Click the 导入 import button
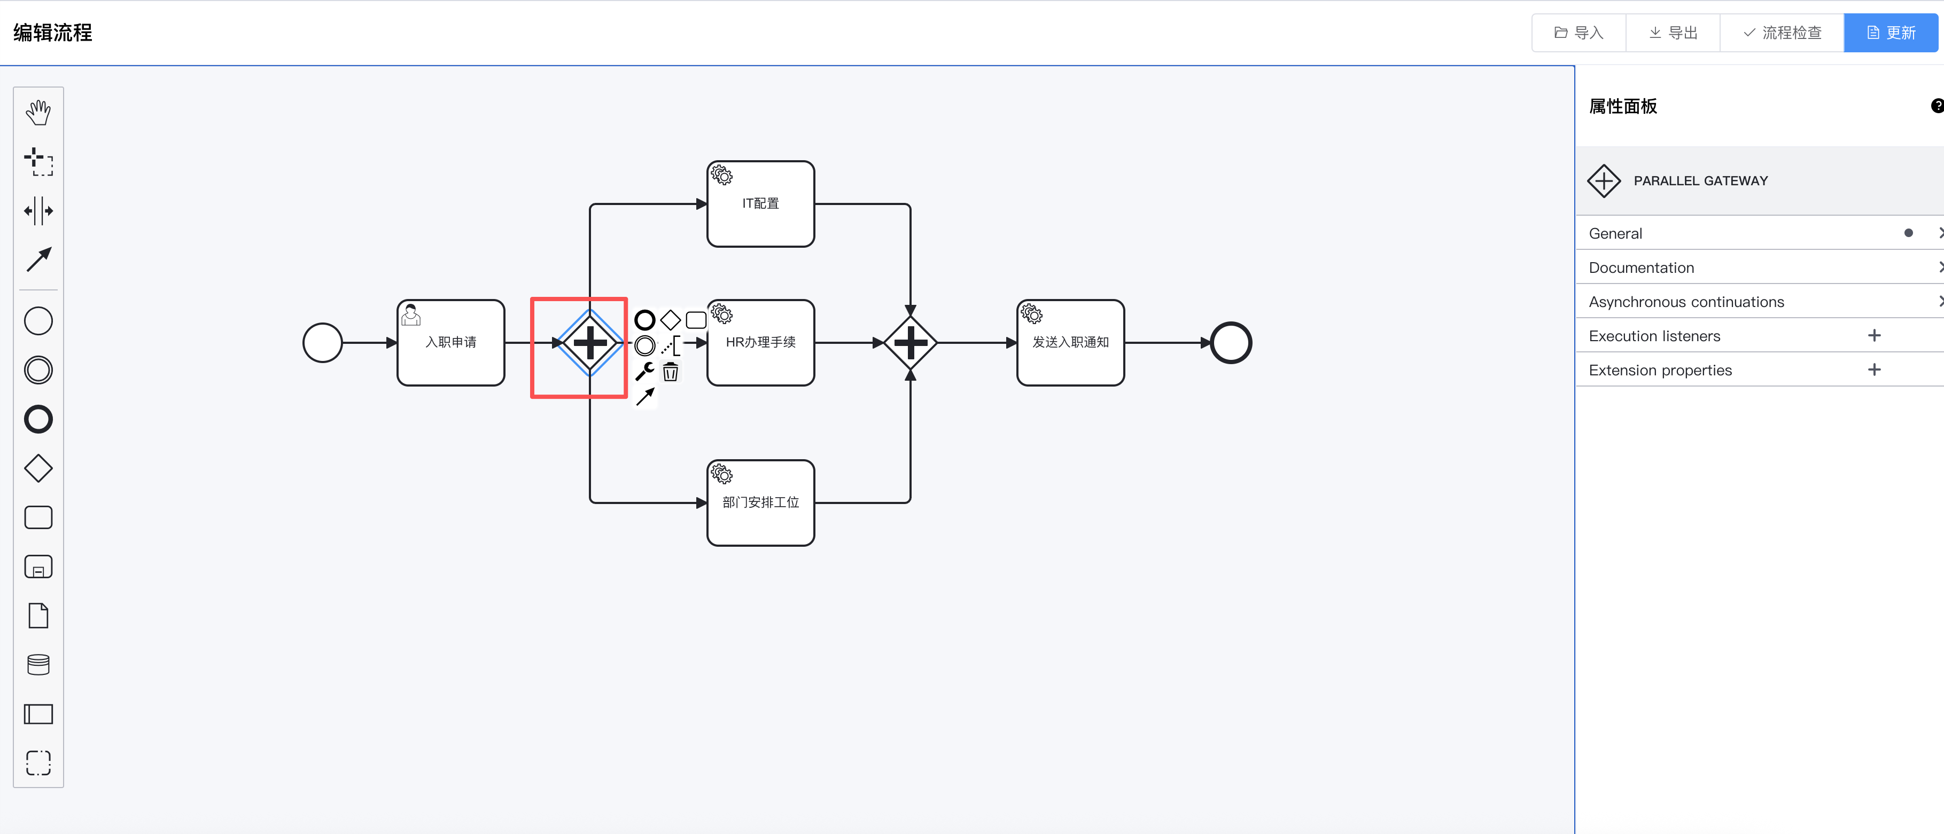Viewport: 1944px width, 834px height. click(x=1578, y=33)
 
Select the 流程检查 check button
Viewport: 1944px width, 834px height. click(x=1782, y=33)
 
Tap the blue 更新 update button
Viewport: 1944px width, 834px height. click(x=1891, y=33)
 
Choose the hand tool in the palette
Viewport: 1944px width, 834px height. click(x=38, y=113)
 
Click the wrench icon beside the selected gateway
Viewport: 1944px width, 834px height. click(x=644, y=371)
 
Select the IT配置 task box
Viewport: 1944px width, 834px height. click(x=761, y=203)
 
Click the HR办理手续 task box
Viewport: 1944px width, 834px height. click(x=761, y=342)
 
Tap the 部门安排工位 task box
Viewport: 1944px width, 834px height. click(x=761, y=503)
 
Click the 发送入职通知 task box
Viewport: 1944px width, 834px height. click(x=1071, y=342)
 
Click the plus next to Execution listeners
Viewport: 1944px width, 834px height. click(x=1874, y=335)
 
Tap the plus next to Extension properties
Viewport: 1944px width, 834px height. click(x=1874, y=369)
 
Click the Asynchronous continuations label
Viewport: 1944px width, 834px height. click(x=1686, y=302)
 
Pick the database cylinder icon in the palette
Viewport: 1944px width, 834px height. click(x=38, y=664)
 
